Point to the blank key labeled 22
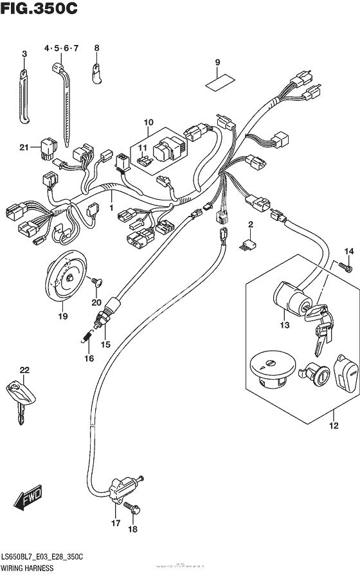(x=18, y=396)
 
